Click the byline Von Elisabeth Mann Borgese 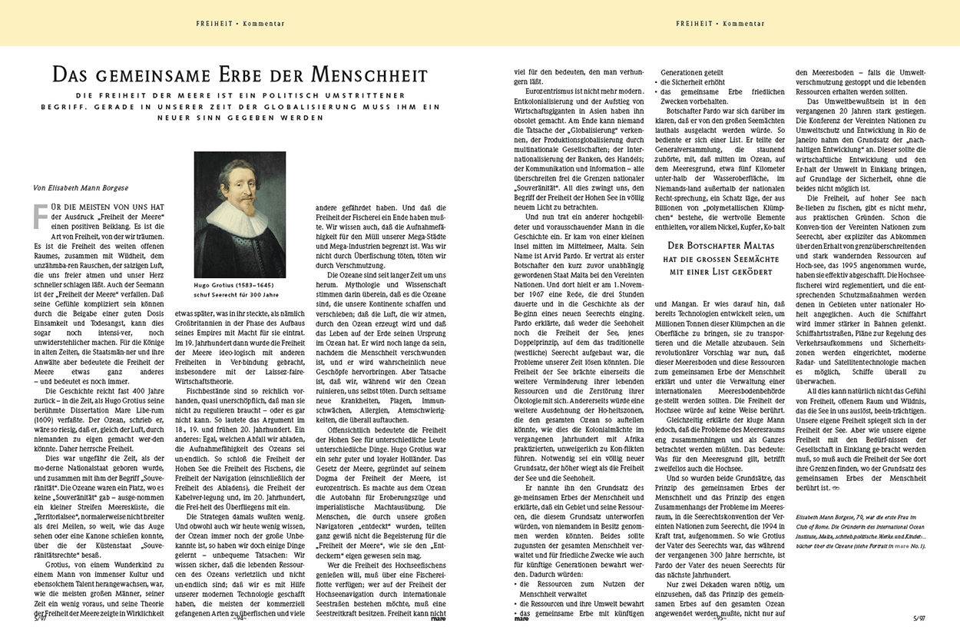pos(81,187)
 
